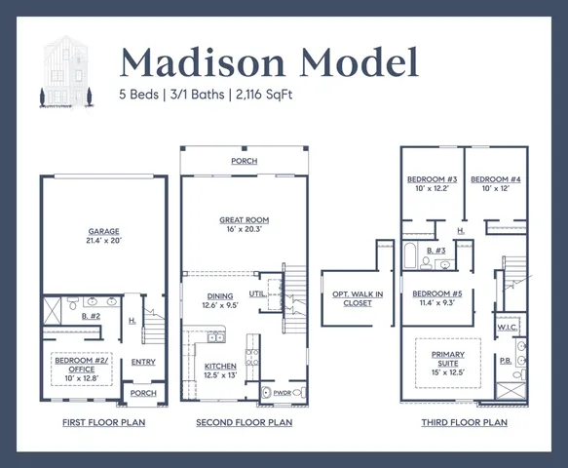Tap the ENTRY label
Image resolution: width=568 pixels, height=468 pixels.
tap(143, 361)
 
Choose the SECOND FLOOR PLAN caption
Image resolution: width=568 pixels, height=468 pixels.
tap(244, 423)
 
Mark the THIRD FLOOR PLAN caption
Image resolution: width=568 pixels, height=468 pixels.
tap(464, 423)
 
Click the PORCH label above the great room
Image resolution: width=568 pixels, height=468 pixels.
tap(244, 161)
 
